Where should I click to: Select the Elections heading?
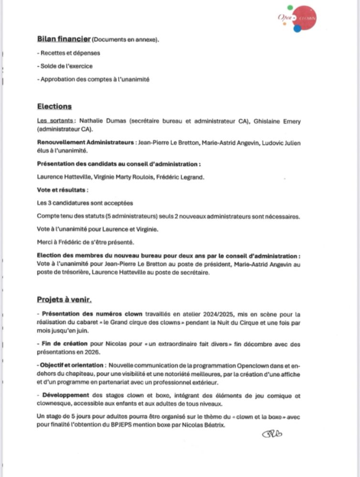click(54, 106)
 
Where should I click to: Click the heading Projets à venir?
click(64, 300)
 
